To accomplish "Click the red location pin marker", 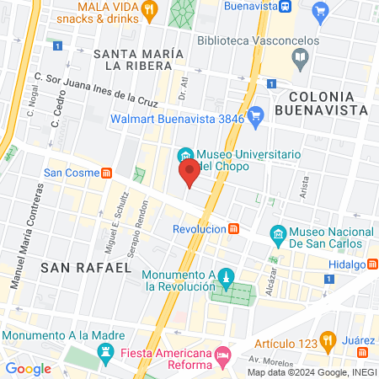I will tap(189, 173).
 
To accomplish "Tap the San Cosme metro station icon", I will tap(107, 173).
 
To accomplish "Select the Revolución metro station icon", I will tap(233, 229).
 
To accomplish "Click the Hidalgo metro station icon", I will tap(372, 264).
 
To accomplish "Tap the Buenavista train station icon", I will tap(286, 7).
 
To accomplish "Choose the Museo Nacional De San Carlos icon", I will tap(276, 233).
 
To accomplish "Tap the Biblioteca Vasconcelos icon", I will tap(301, 57).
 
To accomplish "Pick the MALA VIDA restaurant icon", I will tap(150, 9).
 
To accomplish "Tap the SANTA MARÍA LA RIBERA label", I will tap(140, 60).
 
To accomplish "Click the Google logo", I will tap(29, 368).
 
